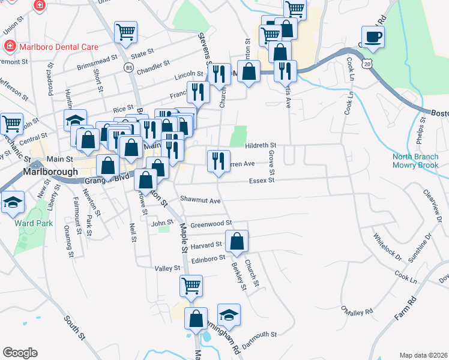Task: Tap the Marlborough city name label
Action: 50,171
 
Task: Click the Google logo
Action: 20,352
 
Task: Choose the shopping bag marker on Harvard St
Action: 238,242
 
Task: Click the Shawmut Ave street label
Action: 200,200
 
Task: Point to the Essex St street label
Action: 261,180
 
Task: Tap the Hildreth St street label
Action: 261,145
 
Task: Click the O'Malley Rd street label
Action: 357,311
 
